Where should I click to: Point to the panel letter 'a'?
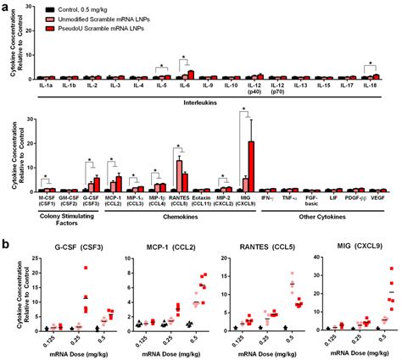[6, 7]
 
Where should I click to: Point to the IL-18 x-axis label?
[370, 86]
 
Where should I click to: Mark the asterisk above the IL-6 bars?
[183, 58]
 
